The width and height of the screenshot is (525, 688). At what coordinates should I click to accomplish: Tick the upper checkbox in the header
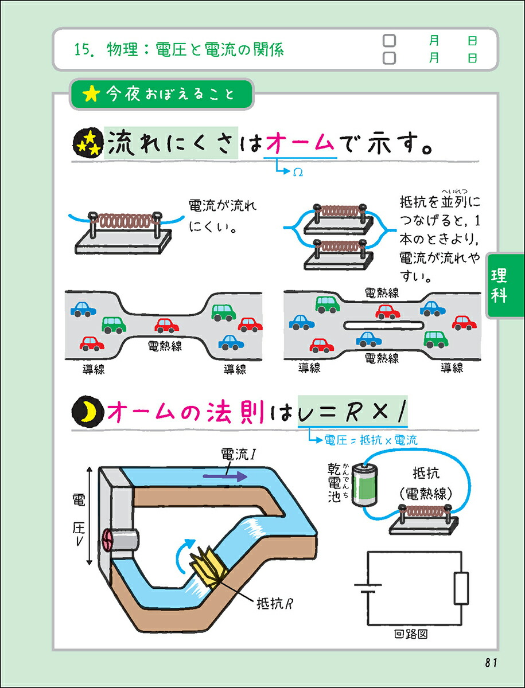tap(390, 41)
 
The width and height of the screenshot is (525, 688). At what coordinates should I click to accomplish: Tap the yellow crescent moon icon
tap(87, 411)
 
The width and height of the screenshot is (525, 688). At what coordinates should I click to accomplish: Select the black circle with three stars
tap(88, 144)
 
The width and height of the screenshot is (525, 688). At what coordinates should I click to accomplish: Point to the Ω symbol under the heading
tap(298, 172)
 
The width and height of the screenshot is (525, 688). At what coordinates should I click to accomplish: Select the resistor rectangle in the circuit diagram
tap(461, 588)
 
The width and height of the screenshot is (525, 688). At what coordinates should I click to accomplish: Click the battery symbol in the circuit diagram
tap(368, 589)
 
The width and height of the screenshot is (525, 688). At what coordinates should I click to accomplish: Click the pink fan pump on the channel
tap(108, 541)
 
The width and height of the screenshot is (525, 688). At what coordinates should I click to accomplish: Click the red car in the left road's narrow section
tap(166, 326)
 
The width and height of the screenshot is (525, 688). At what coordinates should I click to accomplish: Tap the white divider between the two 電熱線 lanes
tap(383, 325)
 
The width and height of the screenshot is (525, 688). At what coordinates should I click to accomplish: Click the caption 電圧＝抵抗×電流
tap(371, 440)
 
